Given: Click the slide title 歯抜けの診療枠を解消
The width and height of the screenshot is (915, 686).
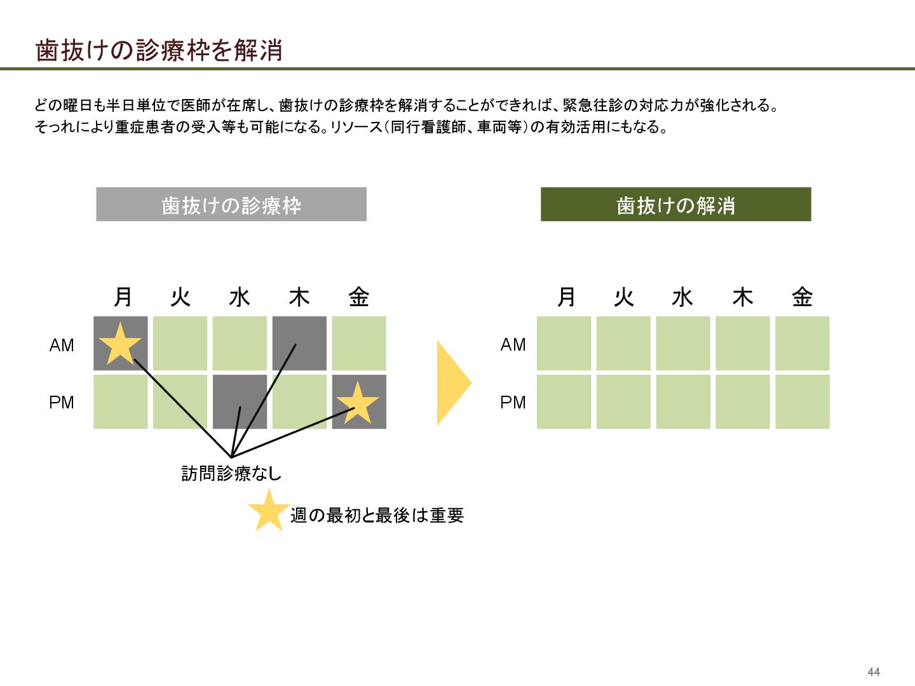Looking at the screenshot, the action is point(159,50).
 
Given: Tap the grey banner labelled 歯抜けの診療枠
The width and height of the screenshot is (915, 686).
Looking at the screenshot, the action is point(231,205).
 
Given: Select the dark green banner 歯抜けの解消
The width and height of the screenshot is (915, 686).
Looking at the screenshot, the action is point(675,205).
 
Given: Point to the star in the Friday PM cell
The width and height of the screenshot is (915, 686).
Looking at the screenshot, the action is point(358,403).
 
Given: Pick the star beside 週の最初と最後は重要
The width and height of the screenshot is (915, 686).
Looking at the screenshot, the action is point(268,511).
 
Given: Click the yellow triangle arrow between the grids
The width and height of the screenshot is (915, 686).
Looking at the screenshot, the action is point(452,383).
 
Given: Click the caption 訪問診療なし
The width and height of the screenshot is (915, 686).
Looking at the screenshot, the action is point(231,473).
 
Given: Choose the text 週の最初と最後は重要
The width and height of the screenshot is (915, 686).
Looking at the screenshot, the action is point(377,515).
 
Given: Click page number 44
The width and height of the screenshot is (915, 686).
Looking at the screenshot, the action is point(874,672).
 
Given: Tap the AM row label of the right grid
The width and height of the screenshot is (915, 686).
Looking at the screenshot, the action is point(513,345).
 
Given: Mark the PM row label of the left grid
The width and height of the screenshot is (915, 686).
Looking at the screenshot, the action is point(62,403).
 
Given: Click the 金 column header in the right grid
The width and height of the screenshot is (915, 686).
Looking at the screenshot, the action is point(802,297).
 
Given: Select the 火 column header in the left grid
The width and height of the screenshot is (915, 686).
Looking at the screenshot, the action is point(180,297).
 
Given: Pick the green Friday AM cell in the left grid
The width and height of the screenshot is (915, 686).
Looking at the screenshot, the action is point(359,344).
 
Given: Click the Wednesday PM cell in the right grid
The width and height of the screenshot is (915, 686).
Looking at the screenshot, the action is point(683,402).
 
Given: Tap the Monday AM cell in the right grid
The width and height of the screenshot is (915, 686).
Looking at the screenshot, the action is point(564,344).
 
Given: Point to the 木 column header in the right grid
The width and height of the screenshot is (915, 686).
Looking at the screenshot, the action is point(742,297).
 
